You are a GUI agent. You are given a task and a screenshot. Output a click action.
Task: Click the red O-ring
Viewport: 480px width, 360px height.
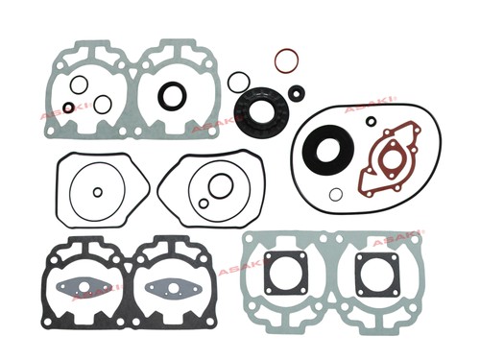[275, 60]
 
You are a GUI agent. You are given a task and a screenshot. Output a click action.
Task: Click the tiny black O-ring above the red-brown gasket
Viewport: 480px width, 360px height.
[372, 117]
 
